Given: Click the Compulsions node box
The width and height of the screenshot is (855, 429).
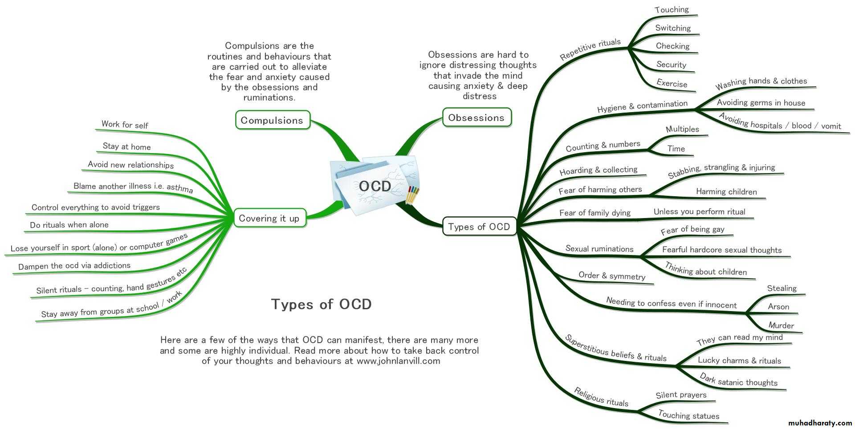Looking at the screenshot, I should [272, 120].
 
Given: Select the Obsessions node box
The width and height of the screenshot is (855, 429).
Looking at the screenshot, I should [476, 117].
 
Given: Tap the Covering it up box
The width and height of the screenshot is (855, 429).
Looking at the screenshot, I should [269, 218].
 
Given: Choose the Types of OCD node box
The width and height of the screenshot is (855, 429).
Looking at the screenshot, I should [479, 227].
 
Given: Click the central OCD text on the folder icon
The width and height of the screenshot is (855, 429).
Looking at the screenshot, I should [375, 186].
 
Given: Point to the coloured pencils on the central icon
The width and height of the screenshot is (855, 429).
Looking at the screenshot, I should [412, 195].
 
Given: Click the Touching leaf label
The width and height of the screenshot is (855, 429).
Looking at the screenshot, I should [672, 10].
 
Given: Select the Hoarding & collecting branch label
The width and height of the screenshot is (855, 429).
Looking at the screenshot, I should [598, 170].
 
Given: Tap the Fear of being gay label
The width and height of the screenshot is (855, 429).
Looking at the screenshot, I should [692, 230].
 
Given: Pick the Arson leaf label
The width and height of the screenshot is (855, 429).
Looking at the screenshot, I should [778, 307].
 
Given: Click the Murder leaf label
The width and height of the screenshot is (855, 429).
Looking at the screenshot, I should [781, 325].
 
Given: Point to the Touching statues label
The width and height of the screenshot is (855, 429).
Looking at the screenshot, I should [688, 415].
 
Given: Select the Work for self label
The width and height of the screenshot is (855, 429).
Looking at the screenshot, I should [125, 125].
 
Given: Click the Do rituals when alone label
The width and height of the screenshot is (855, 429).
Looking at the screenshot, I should [69, 225].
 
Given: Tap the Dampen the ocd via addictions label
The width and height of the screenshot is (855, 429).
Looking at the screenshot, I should [74, 266].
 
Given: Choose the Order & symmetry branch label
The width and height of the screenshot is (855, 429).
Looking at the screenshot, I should [612, 276].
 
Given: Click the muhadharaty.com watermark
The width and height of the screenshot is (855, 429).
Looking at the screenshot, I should [820, 423].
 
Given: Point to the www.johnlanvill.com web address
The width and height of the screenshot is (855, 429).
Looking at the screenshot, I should [398, 361].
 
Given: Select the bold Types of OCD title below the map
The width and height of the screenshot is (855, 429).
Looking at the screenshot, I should [321, 304].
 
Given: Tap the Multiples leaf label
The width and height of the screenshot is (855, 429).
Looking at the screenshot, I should [682, 130].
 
